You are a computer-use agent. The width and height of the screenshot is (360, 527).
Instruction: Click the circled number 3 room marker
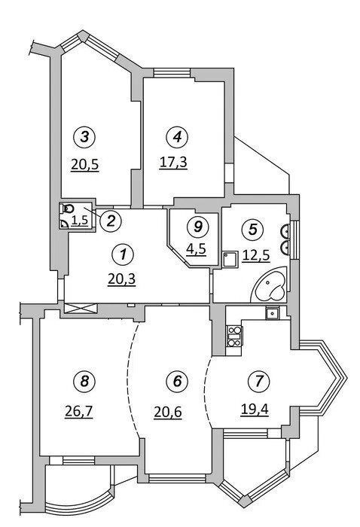(84, 136)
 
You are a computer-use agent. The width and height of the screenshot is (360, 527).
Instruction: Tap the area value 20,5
(84, 164)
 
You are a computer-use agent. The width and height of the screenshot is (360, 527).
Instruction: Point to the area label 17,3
(172, 163)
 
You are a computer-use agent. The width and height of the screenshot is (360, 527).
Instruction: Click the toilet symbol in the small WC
(68, 209)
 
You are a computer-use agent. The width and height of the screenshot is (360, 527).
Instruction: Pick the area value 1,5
(80, 221)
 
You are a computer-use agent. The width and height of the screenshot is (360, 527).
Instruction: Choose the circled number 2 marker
(111, 221)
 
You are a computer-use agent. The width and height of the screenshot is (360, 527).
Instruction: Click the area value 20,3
(122, 279)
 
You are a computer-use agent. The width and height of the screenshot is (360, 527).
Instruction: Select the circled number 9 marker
(198, 227)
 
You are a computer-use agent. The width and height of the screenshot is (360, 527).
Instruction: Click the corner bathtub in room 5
(270, 286)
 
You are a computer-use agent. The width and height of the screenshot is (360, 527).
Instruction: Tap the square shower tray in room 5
(230, 260)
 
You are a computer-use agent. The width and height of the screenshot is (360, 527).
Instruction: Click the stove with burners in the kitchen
(234, 336)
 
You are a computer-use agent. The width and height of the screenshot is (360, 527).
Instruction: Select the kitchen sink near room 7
(271, 314)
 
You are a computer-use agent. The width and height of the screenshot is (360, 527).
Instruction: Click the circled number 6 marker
(177, 381)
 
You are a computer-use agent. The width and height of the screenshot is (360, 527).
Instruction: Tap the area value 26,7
(78, 411)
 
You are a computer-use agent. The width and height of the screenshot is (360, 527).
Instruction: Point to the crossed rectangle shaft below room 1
(80, 308)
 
